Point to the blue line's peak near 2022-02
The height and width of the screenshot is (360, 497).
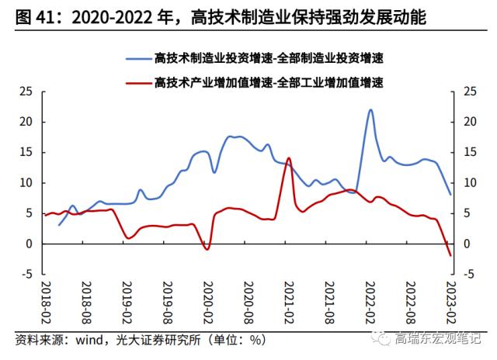tap(370, 109)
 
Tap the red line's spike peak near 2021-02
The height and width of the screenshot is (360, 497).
tap(289, 158)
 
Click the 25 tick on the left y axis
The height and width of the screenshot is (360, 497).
tap(26, 92)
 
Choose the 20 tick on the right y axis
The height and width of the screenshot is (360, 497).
tap(468, 122)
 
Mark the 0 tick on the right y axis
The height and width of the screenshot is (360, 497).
tap(466, 244)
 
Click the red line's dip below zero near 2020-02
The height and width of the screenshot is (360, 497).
tap(207, 249)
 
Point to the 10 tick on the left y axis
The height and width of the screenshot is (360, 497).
tap(26, 183)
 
